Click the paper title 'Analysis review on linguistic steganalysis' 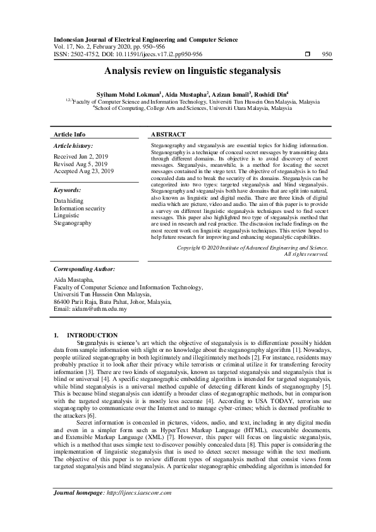(x=188, y=72)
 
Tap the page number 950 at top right (x=327, y=54)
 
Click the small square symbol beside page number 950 (x=306, y=54)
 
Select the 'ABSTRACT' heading (x=168, y=135)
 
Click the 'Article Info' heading (x=70, y=135)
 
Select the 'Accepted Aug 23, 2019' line (x=84, y=171)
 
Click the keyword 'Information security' (x=79, y=208)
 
